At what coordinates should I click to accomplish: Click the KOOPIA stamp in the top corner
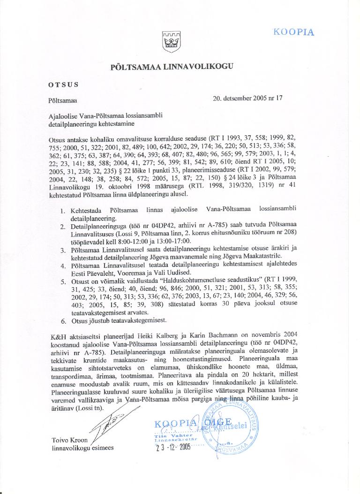(x=293, y=32)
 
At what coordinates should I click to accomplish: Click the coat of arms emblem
(x=168, y=42)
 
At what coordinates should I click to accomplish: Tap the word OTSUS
(x=63, y=85)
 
